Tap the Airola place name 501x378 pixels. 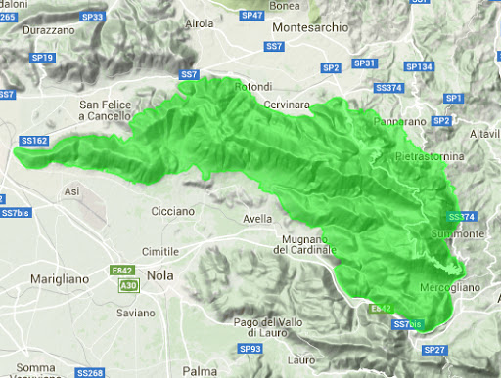(199, 22)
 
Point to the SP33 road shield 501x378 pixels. (93, 17)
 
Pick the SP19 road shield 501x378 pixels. (44, 58)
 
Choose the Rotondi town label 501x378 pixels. (252, 87)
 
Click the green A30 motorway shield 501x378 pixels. (128, 284)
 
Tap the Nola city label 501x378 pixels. (161, 276)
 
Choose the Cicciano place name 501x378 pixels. (173, 210)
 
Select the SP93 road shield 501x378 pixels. (250, 348)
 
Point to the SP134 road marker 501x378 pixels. (419, 66)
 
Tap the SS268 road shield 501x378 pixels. (90, 373)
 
